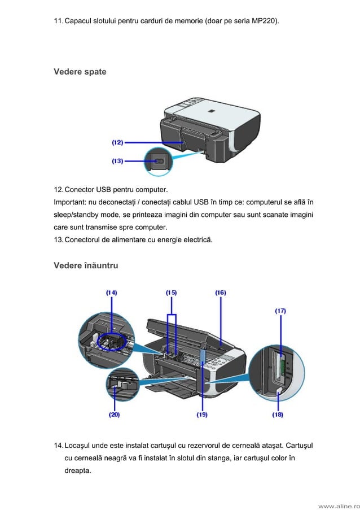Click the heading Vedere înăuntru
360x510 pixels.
tap(86, 265)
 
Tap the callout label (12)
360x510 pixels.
tap(117, 143)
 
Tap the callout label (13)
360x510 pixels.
tap(117, 161)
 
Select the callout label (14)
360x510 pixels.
tap(112, 293)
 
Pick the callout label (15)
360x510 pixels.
tap(171, 293)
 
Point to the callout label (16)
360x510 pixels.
tap(221, 293)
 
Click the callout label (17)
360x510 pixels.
tap(280, 310)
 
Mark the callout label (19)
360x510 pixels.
tap(202, 415)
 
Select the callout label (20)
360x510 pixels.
tap(114, 415)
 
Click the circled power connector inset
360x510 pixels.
tap(159, 161)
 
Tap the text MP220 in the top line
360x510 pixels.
tap(265, 21)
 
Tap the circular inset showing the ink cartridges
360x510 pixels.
tap(107, 338)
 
